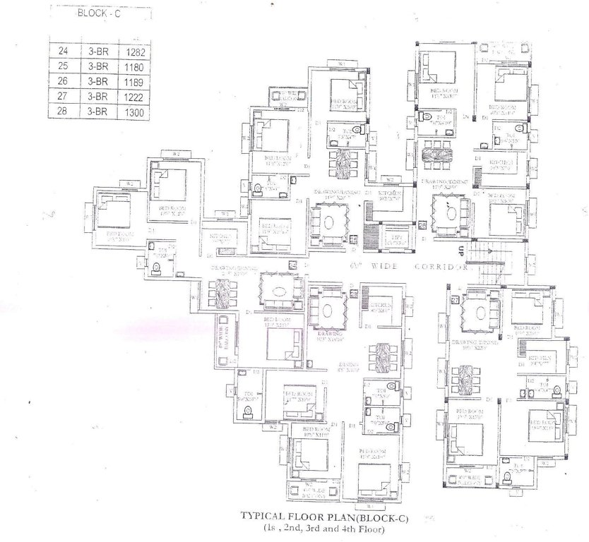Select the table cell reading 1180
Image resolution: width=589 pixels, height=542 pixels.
(x=133, y=67)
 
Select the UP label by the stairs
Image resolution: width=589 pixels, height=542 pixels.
(x=460, y=248)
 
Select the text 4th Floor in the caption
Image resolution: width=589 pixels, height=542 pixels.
(x=358, y=527)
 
